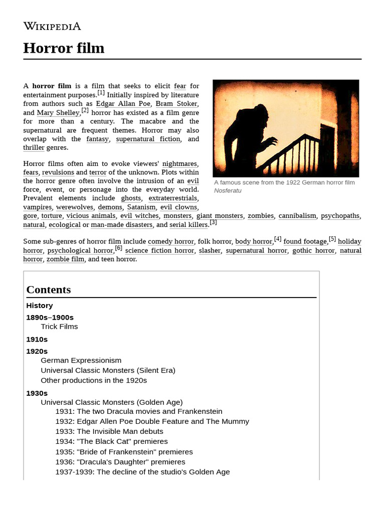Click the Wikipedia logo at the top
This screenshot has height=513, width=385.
(x=52, y=26)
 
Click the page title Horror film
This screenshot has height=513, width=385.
(x=64, y=48)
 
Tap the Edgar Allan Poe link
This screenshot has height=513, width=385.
(x=123, y=104)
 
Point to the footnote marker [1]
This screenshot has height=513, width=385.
(x=101, y=93)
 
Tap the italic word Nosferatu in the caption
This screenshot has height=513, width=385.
(x=228, y=190)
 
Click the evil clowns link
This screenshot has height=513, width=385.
(x=179, y=207)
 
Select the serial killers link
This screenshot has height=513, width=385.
(x=188, y=225)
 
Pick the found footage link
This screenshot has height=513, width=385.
(x=305, y=241)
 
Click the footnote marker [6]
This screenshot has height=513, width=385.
(x=118, y=248)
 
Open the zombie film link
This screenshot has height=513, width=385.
(x=65, y=259)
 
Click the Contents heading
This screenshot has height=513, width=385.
(x=49, y=290)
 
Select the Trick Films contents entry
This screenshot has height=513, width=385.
(x=59, y=327)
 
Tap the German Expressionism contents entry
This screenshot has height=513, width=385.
(x=81, y=360)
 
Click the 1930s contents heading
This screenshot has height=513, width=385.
(x=37, y=393)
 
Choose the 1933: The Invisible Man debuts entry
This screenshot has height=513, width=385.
(x=109, y=431)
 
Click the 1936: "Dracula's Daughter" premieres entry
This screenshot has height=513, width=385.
(x=120, y=462)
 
